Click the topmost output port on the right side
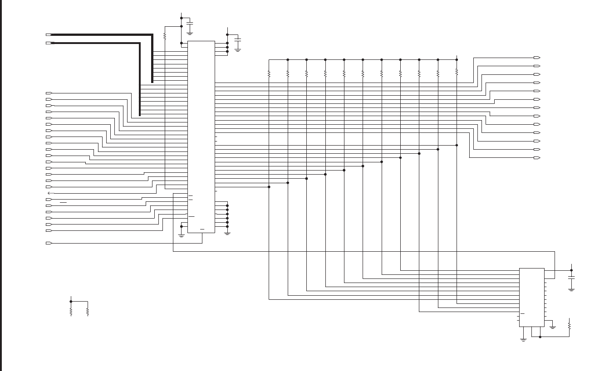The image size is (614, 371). (536, 58)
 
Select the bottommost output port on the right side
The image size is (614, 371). (536, 158)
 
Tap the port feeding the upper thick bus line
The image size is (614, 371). (49, 34)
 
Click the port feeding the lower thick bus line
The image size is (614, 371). (49, 43)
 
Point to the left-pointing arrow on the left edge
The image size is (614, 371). (50, 193)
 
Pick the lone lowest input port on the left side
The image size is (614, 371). (49, 243)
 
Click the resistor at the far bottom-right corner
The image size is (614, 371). (569, 326)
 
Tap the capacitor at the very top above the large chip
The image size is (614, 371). (190, 23)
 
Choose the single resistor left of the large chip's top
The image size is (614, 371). (165, 36)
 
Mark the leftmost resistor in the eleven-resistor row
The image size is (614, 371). (269, 73)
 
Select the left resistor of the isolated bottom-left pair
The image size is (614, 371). (71, 312)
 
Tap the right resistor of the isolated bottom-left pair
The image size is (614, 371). (87, 312)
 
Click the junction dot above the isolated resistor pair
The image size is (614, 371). (71, 301)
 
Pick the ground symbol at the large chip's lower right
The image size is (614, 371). (227, 233)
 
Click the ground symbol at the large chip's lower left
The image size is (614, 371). (182, 234)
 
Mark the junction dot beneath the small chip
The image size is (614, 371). (540, 337)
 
